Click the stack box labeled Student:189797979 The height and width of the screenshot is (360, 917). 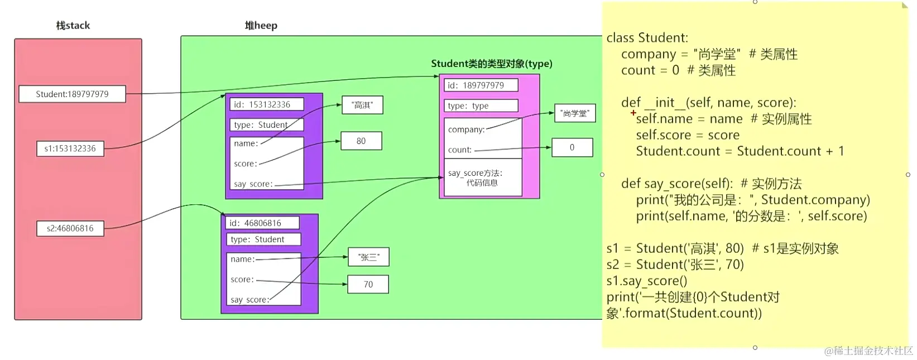pyautogui.click(x=72, y=94)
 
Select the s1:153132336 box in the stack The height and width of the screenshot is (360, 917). pyautogui.click(x=70, y=148)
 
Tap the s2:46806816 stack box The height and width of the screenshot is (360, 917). pyautogui.click(x=70, y=228)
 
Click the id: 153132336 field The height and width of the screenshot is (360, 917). pyautogui.click(x=266, y=104)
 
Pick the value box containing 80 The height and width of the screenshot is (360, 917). pyautogui.click(x=361, y=141)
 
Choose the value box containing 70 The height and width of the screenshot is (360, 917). pyautogui.click(x=368, y=285)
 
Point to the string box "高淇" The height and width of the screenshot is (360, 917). pyautogui.click(x=362, y=105)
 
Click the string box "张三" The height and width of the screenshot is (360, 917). pyautogui.click(x=368, y=257)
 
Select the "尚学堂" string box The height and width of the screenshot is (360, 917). pyautogui.click(x=575, y=113)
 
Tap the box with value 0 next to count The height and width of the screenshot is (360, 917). pyautogui.click(x=572, y=148)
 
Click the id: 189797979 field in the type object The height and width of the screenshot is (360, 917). pyautogui.click(x=481, y=85)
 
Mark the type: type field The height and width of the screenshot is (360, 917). pyautogui.click(x=481, y=106)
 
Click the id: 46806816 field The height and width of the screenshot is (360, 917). pyautogui.click(x=262, y=223)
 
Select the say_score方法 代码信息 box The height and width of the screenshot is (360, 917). pyautogui.click(x=482, y=178)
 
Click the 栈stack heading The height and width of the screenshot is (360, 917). pyautogui.click(x=73, y=26)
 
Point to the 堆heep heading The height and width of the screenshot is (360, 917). pyautogui.click(x=261, y=26)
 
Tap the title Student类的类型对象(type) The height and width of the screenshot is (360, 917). pyautogui.click(x=491, y=64)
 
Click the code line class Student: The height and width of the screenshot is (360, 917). pyautogui.click(x=647, y=38)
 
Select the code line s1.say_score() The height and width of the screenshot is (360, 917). pyautogui.click(x=647, y=281)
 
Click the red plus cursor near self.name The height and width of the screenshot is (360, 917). pyautogui.click(x=633, y=113)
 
